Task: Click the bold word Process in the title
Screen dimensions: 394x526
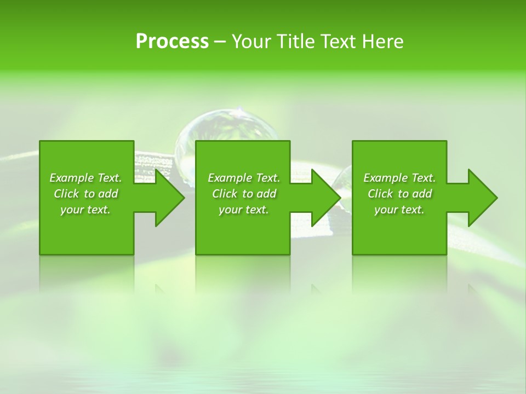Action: click(172, 42)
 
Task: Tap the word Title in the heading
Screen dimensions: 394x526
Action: click(295, 42)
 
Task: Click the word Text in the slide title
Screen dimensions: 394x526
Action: click(339, 42)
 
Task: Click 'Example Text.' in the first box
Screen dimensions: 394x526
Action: click(85, 178)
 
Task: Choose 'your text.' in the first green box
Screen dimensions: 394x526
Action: click(85, 210)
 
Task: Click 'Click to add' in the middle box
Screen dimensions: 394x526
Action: click(244, 194)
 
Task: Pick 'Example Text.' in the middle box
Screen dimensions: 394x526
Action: click(244, 178)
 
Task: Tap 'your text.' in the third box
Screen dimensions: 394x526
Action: click(399, 210)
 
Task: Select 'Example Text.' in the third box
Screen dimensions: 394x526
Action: click(399, 178)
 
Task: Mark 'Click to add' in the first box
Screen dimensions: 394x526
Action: click(85, 194)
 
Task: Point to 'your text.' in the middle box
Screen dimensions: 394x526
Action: click(244, 210)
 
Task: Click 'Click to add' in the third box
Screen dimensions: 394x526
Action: click(399, 194)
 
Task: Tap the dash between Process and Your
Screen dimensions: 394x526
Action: click(220, 42)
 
